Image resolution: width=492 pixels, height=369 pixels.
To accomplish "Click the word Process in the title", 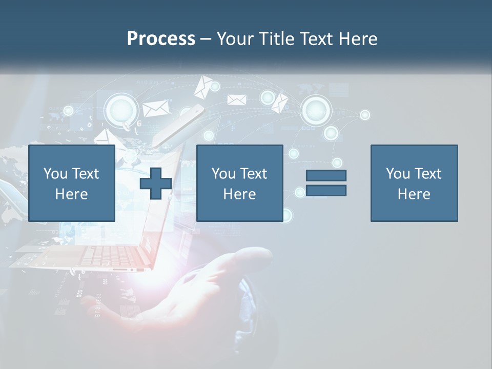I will pos(161,39).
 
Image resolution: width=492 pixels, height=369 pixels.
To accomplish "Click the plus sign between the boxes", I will pos(156,183).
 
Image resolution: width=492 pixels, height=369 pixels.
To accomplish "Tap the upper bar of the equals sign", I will pos(326,175).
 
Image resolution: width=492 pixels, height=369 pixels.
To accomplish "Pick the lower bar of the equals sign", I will pos(326,191).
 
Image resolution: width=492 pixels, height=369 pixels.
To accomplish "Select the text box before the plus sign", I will pos(72,183).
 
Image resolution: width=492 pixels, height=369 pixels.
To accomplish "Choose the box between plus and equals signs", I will pos(239,183).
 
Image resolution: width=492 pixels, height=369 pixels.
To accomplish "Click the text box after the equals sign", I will pos(414,183).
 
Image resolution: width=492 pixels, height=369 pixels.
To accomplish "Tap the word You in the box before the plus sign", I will pos(55,174).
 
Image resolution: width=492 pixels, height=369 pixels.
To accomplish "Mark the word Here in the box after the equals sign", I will pos(414,194).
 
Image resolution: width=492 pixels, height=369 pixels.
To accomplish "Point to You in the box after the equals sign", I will pos(398,174).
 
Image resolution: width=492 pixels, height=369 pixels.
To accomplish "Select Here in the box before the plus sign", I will pos(72,194).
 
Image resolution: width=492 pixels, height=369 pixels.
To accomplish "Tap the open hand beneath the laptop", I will pos(200,292).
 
